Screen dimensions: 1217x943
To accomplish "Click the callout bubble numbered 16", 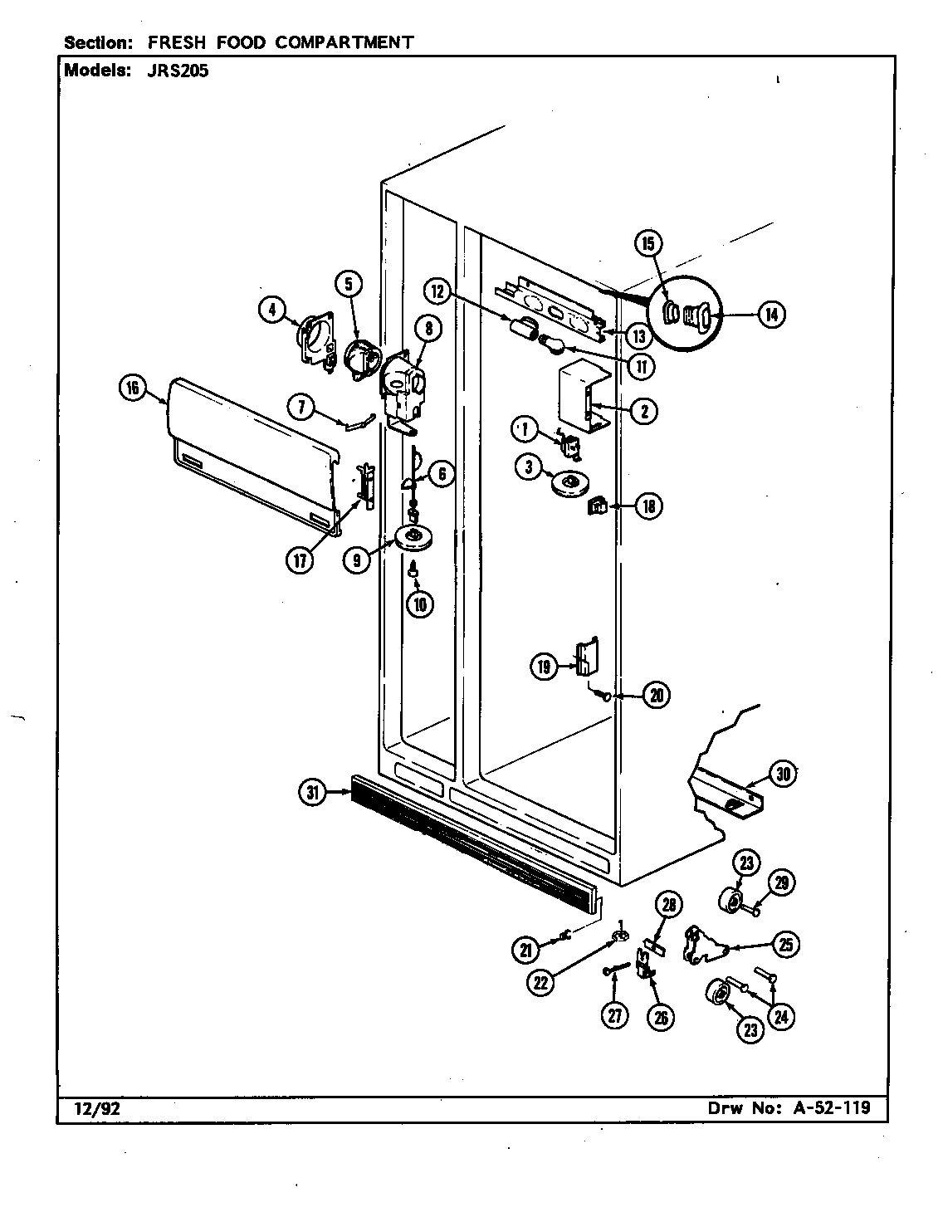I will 133,389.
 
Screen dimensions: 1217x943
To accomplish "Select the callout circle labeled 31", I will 312,794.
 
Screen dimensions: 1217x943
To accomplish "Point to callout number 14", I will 771,314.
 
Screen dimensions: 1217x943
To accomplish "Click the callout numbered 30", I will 782,774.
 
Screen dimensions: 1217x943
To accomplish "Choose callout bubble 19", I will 544,666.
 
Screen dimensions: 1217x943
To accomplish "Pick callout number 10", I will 420,604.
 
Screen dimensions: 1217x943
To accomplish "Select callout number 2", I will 644,410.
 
